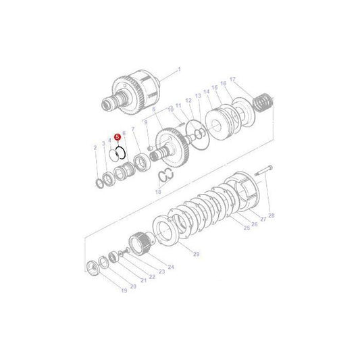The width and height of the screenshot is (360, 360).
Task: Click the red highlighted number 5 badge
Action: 118,136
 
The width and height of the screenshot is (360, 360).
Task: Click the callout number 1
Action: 180,70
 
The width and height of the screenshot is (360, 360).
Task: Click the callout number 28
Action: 272,215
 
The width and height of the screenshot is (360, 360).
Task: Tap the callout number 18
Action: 158,192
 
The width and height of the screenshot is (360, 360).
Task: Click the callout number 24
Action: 171,267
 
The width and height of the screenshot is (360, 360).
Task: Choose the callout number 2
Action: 95,147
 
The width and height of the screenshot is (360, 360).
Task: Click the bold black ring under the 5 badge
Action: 121,152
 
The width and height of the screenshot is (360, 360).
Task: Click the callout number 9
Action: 145,122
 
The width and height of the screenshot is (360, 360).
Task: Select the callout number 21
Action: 143,281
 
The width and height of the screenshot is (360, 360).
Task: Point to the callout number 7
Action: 133,128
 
